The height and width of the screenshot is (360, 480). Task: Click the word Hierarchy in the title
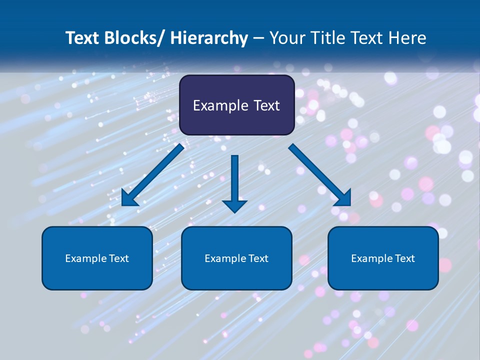pyautogui.click(x=209, y=38)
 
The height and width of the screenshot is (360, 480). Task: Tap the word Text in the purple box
pyautogui.click(x=265, y=105)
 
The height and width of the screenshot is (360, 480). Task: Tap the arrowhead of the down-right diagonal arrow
pyautogui.click(x=342, y=197)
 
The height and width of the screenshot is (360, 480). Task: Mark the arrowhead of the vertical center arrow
pyautogui.click(x=235, y=205)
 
